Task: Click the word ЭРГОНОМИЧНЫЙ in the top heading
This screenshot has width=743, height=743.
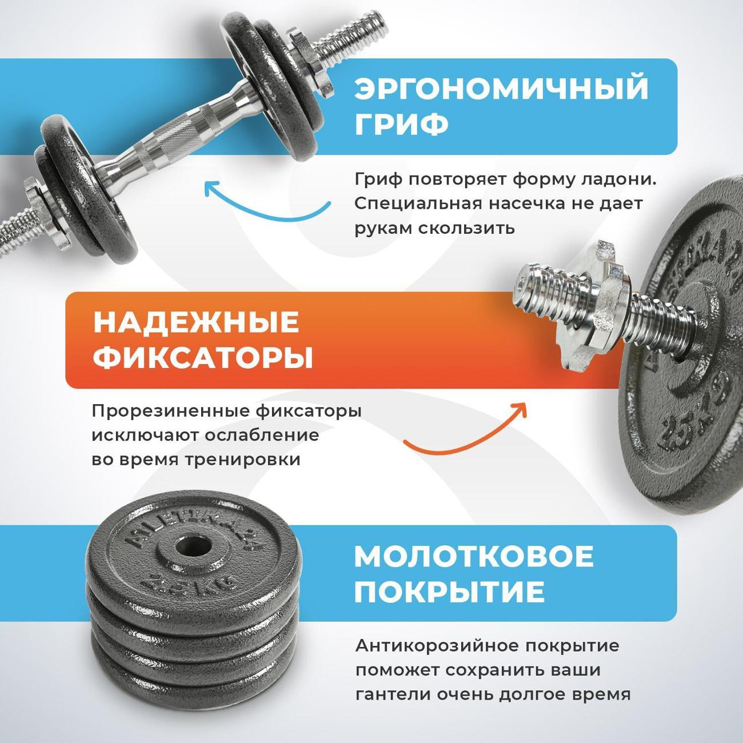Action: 501,89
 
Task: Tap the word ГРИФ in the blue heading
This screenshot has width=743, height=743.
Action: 402,124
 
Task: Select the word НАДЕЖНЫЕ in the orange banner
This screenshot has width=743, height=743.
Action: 196,322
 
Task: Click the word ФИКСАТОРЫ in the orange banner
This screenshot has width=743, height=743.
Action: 203,359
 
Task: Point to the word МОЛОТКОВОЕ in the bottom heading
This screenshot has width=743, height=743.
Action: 474,556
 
